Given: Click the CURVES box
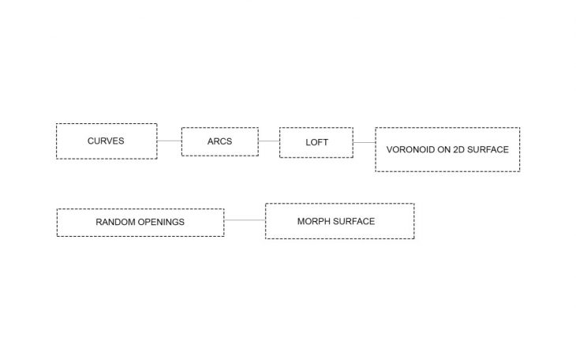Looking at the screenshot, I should pos(107,141).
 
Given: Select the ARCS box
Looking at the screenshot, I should pos(219,141).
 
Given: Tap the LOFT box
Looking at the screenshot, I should pos(316,142).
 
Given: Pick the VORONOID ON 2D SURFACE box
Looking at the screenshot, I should pos(447,149).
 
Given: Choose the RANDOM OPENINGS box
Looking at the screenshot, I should pos(140,223).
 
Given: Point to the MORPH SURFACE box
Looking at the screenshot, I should pos(339,221).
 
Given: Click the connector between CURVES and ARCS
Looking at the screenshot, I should pos(169,141).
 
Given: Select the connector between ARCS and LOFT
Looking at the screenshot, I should pos(268,141).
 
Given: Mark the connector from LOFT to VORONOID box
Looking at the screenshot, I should pos(364,142).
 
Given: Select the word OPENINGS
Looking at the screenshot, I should pos(161,223).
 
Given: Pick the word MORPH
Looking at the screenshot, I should pos(313,221).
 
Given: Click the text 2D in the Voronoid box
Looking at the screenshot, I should pos(459,149).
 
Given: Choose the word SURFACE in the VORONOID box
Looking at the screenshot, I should pos(488,149).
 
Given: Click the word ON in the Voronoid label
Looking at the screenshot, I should pos(443,149).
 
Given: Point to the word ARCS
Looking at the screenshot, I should pos(220,142).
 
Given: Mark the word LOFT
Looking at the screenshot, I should pos(316,142).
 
